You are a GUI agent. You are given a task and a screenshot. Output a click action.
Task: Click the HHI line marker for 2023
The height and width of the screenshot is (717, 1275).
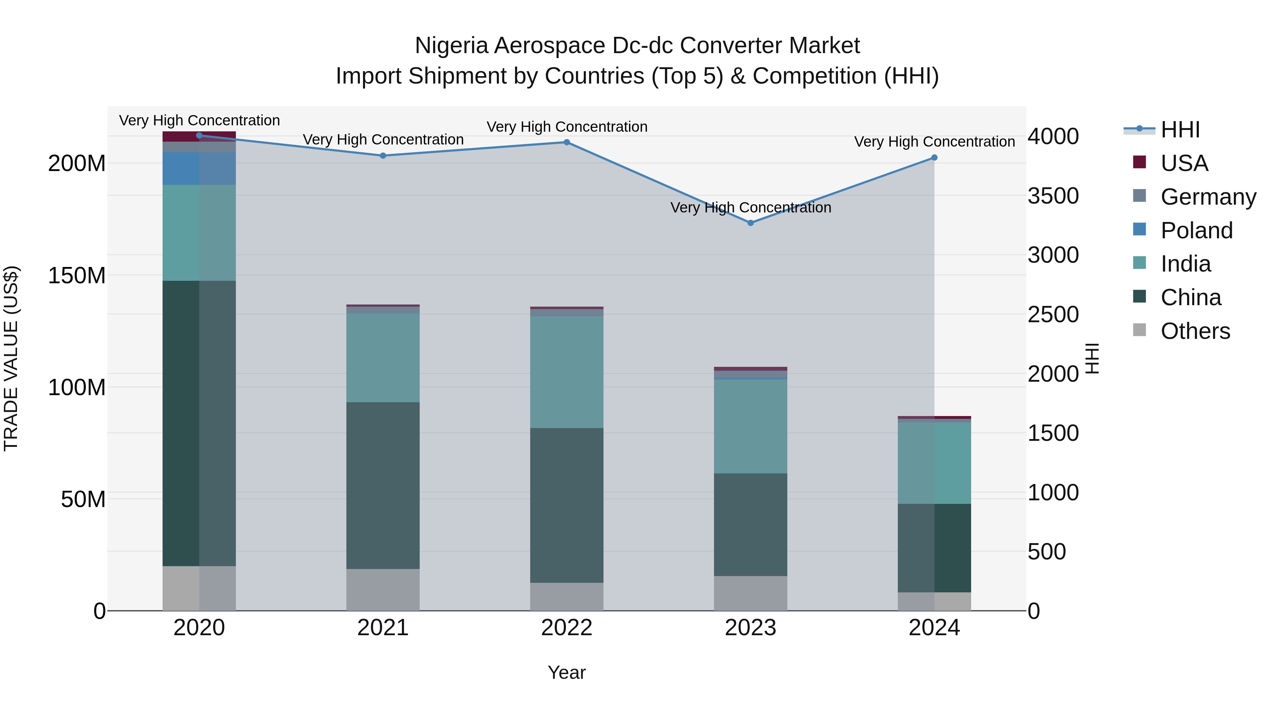(750, 223)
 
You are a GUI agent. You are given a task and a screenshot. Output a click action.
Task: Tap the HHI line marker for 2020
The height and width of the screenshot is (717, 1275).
(199, 136)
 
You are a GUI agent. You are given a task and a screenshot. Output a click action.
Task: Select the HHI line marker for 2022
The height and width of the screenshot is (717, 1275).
(567, 142)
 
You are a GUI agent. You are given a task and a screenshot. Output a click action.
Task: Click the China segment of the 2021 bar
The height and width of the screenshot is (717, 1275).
(382, 485)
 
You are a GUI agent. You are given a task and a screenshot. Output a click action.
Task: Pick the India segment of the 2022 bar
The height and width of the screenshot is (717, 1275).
(567, 372)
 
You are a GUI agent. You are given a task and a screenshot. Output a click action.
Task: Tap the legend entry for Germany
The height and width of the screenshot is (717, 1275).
(1208, 197)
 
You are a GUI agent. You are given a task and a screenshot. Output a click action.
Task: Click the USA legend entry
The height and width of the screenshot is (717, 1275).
(1184, 163)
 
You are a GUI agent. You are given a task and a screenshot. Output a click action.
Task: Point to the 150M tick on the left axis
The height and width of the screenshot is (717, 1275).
(77, 275)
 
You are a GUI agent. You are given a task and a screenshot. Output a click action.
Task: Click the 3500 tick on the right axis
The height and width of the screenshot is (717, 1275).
(1053, 196)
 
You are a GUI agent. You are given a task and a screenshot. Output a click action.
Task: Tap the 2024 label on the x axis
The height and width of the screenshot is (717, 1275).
(934, 628)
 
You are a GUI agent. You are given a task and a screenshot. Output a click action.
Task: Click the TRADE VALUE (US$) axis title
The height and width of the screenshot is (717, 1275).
(11, 358)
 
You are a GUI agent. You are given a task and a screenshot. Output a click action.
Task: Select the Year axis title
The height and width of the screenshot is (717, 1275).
(566, 672)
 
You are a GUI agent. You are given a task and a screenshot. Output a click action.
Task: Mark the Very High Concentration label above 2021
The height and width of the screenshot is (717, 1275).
(383, 140)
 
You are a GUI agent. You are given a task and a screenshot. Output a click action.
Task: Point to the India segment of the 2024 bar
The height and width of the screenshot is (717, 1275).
(934, 463)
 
